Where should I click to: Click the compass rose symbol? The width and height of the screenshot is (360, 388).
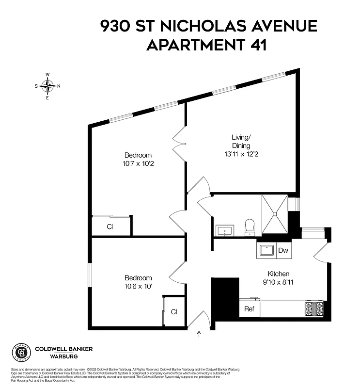coord(47,86)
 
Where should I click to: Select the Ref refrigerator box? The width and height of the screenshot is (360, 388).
coord(249,309)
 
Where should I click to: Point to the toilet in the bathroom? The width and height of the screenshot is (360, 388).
coord(250,227)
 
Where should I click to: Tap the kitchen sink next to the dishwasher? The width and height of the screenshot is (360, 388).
coord(266,250)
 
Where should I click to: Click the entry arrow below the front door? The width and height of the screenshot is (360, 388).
coord(199,334)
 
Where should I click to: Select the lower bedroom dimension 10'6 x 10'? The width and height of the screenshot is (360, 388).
coord(138,286)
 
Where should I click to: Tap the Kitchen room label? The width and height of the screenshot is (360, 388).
coord(279,274)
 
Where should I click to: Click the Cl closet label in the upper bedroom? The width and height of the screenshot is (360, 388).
coord(110,226)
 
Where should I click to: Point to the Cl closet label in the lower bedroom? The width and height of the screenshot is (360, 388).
coord(174,312)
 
